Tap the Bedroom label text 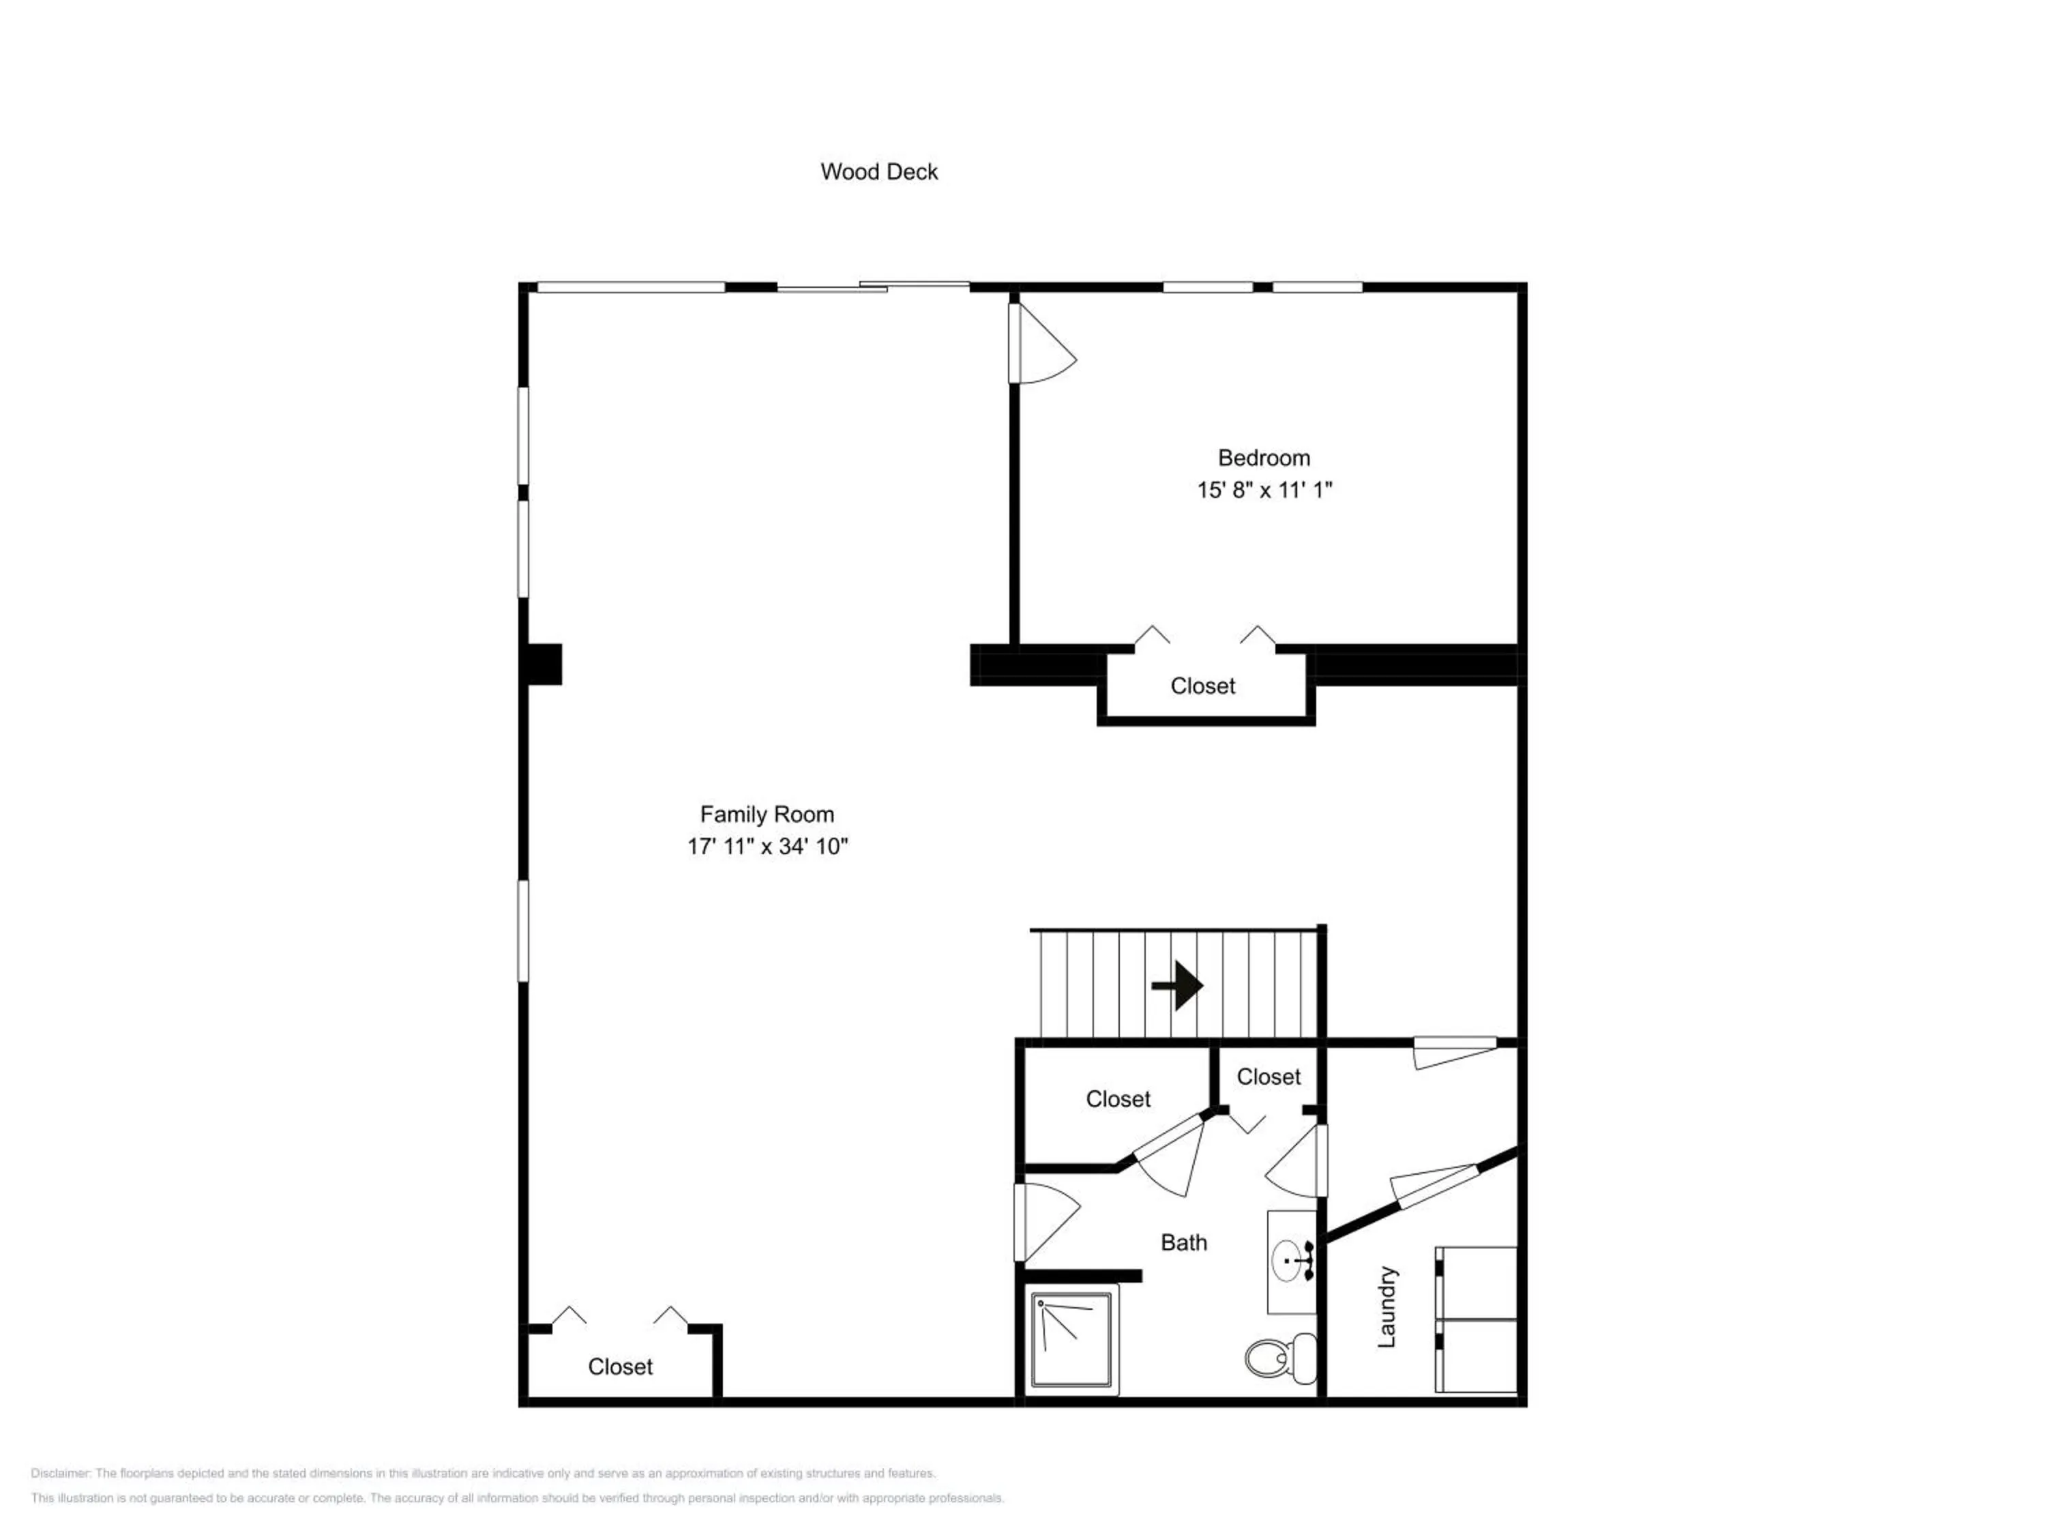1264,458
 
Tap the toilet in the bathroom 1281,1358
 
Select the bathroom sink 1292,1261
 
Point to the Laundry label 1386,1306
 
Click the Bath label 1184,1242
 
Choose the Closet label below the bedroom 1202,686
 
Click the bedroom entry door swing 1042,343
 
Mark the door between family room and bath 1046,1223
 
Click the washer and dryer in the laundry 1477,1319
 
